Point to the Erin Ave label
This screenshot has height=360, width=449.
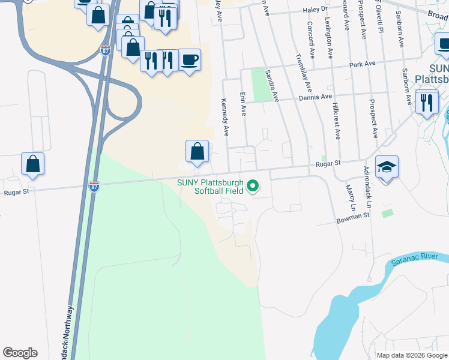243,103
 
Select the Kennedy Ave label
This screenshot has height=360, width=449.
225,117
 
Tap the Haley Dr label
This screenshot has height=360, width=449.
315,10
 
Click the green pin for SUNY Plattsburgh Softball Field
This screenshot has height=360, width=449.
253,187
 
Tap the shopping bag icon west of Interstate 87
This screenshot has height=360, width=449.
32,163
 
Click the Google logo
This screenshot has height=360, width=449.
20,353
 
